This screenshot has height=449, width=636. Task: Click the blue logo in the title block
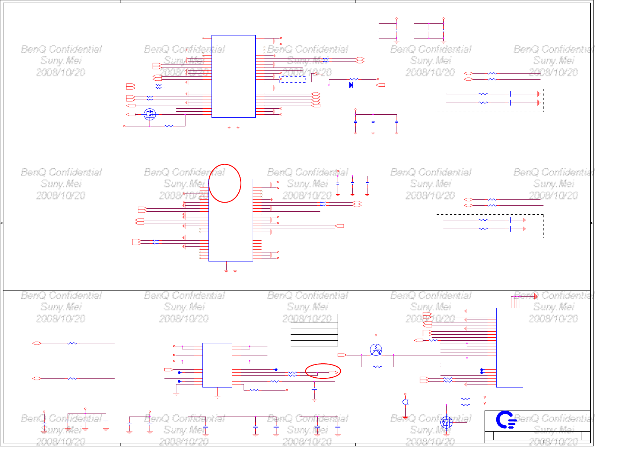pos(505,420)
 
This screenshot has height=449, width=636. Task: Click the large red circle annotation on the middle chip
pos(225,183)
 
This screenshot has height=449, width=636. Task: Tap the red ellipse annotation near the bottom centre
pos(323,371)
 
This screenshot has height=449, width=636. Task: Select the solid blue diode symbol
pos(351,85)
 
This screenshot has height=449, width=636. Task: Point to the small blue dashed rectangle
pos(292,79)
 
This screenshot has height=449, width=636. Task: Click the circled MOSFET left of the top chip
pos(150,114)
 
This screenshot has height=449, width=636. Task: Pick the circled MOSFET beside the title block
pos(446,422)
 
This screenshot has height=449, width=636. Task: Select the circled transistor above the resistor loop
pos(376,350)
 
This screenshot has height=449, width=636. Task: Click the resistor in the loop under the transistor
pos(377,366)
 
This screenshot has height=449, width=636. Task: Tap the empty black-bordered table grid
pos(314,330)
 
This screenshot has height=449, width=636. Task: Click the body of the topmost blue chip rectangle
pos(233,76)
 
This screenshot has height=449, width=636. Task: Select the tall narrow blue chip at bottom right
pos(509,348)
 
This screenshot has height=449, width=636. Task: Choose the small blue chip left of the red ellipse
pos(217,365)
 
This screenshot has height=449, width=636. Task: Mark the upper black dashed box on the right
pos(489,100)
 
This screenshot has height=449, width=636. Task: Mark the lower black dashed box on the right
pos(489,226)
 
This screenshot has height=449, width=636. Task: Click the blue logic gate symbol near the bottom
pos(406,402)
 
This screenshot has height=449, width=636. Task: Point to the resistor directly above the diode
pos(354,79)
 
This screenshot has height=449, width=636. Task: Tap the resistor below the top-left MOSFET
pos(169,126)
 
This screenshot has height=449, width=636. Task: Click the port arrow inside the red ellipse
pos(333,373)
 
